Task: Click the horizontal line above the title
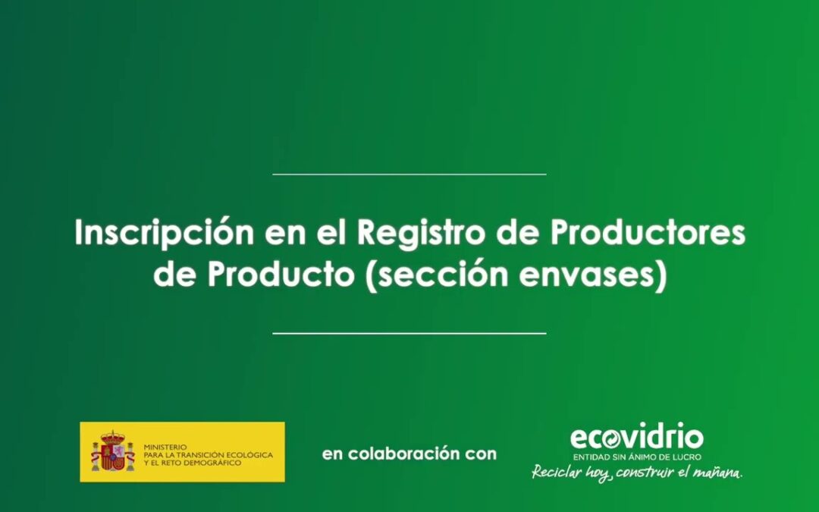point(409,174)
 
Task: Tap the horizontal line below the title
point(409,333)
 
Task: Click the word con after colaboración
point(482,454)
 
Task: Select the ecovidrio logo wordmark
point(636,438)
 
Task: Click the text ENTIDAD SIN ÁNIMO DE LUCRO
point(636,457)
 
